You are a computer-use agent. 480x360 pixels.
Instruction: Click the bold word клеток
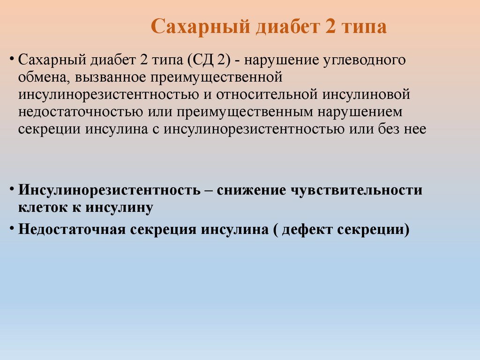tap(43, 208)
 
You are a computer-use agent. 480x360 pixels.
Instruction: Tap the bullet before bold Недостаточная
tap(11, 228)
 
